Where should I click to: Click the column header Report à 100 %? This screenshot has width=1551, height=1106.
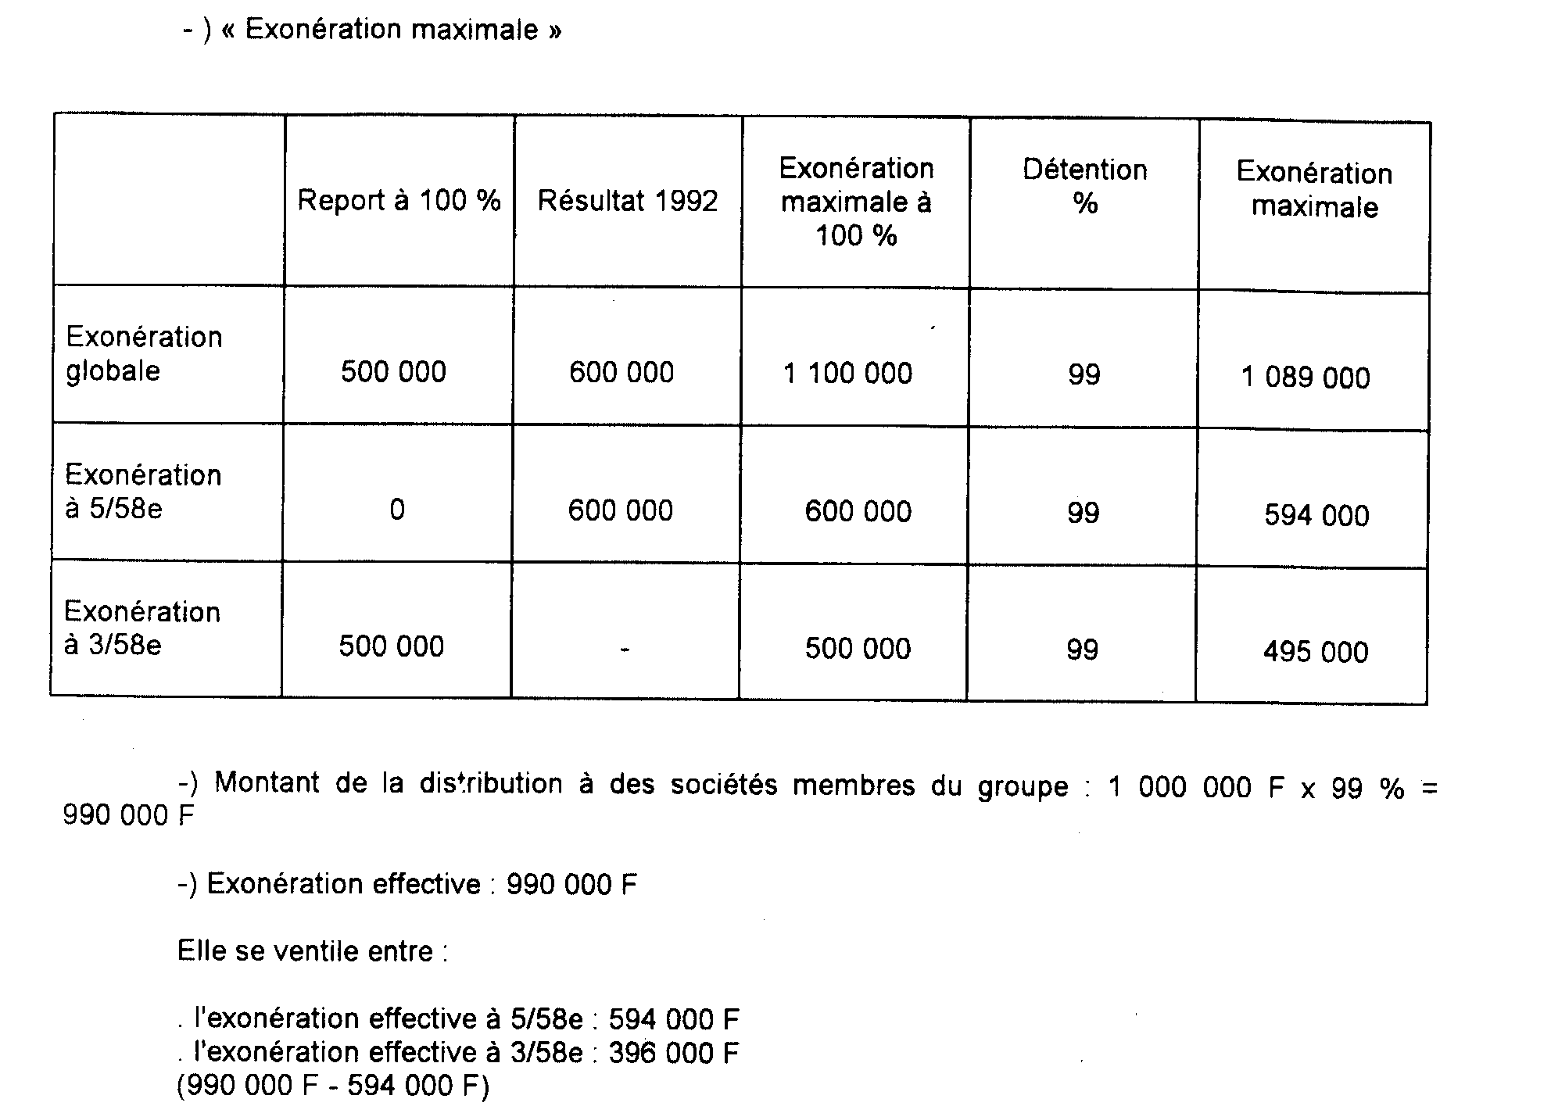[399, 201]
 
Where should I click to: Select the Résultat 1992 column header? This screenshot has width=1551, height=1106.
[627, 202]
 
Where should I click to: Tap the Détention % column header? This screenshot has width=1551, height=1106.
[1084, 187]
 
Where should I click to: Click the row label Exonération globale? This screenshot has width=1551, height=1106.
[144, 353]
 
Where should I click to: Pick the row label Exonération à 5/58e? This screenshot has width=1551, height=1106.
[142, 492]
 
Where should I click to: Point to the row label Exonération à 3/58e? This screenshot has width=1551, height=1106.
[141, 628]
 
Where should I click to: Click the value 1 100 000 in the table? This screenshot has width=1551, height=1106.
[847, 374]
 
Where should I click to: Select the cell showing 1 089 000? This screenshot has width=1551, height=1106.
[1306, 378]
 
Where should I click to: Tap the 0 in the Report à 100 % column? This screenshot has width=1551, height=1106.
[397, 510]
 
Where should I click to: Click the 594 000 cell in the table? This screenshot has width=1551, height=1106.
[1316, 516]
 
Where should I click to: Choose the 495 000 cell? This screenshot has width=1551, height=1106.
[1316, 652]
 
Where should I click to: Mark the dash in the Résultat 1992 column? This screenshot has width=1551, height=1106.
[624, 649]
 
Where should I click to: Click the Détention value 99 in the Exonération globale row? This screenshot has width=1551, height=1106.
[1084, 375]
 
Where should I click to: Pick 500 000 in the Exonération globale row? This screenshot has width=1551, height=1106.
[393, 372]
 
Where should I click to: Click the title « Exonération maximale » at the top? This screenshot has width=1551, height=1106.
[392, 30]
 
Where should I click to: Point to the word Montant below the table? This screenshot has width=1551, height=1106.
[267, 782]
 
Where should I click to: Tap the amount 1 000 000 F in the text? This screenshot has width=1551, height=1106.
[1196, 787]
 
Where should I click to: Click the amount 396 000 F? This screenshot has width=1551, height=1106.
[674, 1053]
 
